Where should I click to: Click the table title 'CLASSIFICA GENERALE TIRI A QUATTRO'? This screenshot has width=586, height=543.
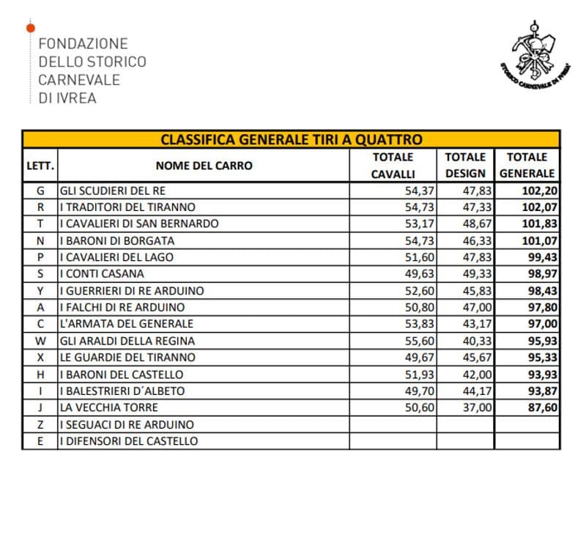click(x=291, y=139)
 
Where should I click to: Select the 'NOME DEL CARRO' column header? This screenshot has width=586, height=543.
click(x=204, y=166)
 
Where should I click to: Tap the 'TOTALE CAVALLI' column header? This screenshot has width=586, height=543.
click(x=393, y=166)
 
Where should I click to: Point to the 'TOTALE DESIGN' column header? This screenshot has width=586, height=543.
click(x=465, y=166)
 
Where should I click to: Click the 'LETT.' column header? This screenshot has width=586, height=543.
click(x=40, y=166)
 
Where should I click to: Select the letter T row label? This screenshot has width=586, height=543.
click(x=40, y=224)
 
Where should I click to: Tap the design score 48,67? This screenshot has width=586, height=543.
click(x=477, y=224)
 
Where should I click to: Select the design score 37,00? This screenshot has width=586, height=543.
click(x=477, y=407)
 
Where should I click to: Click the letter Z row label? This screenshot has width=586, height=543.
click(x=40, y=424)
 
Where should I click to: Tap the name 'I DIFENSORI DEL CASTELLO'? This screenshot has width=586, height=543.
click(x=129, y=441)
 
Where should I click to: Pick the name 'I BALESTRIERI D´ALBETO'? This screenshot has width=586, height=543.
click(x=122, y=391)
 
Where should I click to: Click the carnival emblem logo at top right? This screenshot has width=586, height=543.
click(x=539, y=61)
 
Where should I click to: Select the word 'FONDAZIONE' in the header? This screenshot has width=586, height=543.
click(x=83, y=44)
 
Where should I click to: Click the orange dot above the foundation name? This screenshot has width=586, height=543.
click(x=29, y=28)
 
